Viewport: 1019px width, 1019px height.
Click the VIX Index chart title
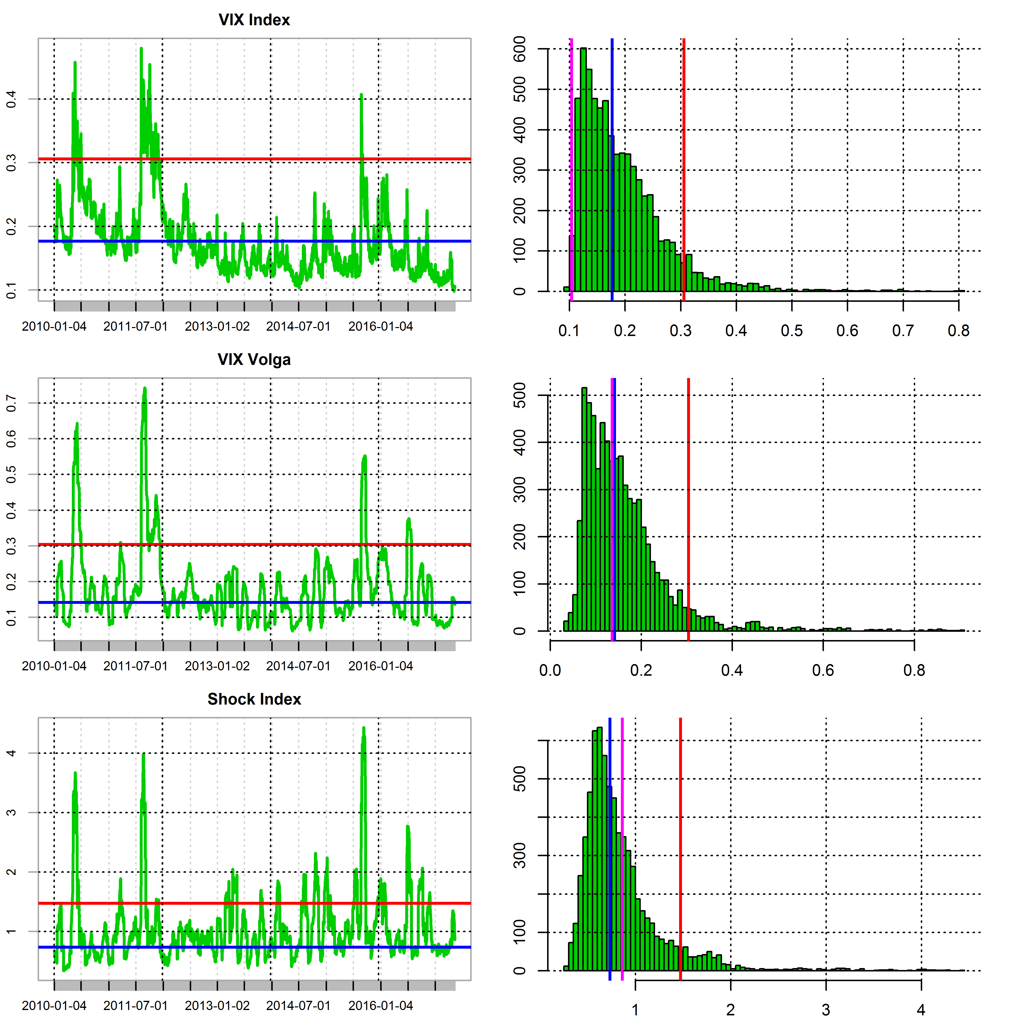(254, 20)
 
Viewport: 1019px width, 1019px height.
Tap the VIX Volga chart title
(254, 360)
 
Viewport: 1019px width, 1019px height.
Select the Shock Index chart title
(254, 699)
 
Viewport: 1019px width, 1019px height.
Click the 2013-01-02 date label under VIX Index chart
(217, 327)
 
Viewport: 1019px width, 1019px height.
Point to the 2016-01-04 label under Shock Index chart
(380, 1006)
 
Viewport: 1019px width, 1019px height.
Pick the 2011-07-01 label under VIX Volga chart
(136, 666)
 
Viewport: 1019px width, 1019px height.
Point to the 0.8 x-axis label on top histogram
(958, 331)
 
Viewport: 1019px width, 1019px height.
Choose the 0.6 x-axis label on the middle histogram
(823, 670)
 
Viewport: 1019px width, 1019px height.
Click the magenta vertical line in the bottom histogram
(622, 844)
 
